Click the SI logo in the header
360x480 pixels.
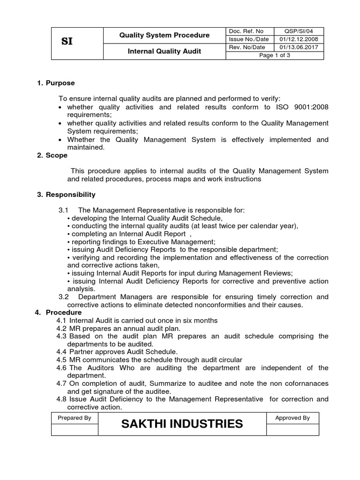pyautogui.click(x=67, y=42)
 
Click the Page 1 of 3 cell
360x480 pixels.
pyautogui.click(x=275, y=55)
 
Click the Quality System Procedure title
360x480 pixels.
pyautogui.click(x=165, y=35)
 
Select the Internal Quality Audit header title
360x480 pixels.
pyautogui.click(x=165, y=51)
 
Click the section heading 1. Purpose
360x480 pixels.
pyautogui.click(x=56, y=83)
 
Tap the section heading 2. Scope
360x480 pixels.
pyautogui.click(x=52, y=155)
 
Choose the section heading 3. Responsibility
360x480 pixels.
pyautogui.click(x=66, y=195)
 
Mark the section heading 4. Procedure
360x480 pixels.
pyautogui.click(x=59, y=312)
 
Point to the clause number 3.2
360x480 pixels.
pyautogui.click(x=64, y=297)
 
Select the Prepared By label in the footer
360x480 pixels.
pyautogui.click(x=75, y=418)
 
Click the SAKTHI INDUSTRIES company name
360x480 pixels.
pyautogui.click(x=182, y=424)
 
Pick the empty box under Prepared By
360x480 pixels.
pyautogui.click(x=75, y=429)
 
